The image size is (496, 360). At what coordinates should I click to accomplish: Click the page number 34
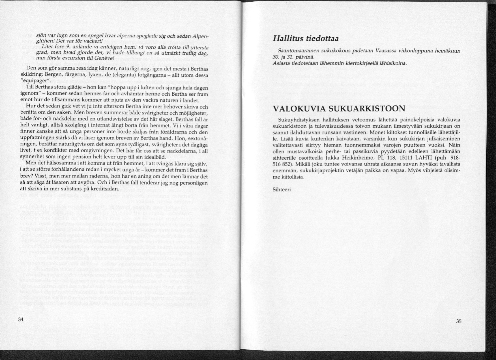click(21, 320)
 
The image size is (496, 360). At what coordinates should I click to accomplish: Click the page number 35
click(459, 321)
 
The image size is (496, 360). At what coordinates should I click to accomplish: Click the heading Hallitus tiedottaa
click(306, 38)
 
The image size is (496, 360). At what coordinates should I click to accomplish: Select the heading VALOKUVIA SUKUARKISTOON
click(339, 109)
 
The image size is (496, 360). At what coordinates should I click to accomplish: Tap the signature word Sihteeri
click(282, 189)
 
